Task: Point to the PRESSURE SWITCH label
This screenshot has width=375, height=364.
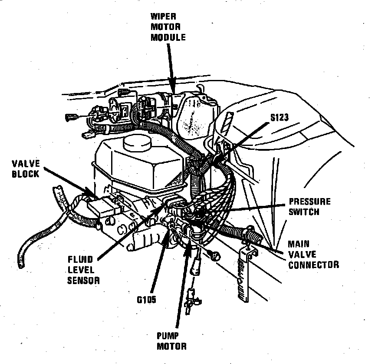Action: tap(309, 207)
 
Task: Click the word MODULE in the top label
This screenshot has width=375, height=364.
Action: tap(168, 38)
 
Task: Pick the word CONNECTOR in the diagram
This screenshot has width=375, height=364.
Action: tap(313, 264)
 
